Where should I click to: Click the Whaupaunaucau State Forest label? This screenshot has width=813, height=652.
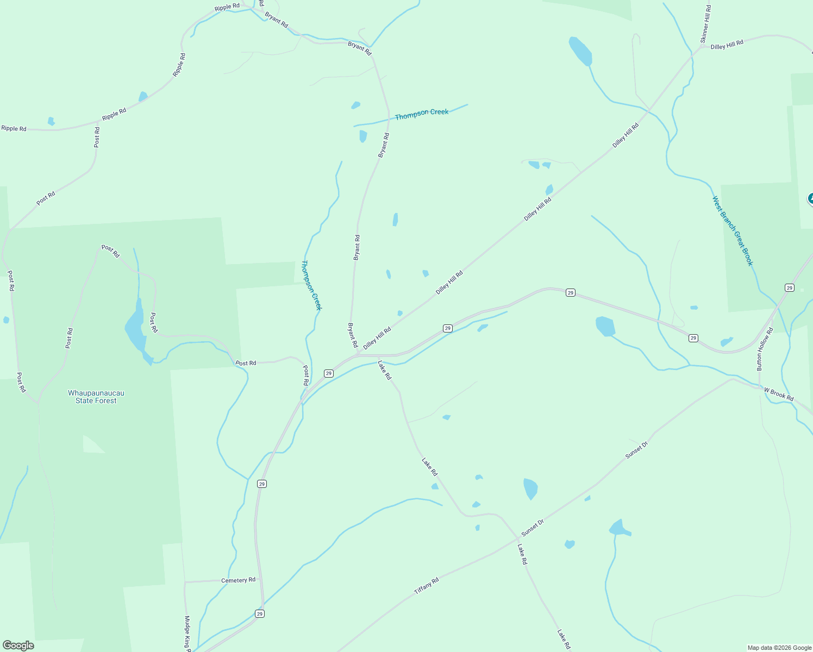pos(96,397)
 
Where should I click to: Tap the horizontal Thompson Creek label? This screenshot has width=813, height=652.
pos(422,114)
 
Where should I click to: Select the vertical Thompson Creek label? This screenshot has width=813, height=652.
pos(311,285)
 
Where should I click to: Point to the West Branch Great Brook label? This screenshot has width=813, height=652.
pos(733,231)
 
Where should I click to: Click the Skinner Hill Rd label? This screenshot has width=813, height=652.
pos(705,24)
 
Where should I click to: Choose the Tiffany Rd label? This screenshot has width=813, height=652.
pos(426,585)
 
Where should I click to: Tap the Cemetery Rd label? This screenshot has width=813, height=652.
pos(238,580)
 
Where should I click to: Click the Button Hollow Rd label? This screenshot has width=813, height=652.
pos(764,349)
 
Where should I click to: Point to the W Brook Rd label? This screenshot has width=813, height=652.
pos(778,394)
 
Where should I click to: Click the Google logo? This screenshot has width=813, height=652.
pos(18,645)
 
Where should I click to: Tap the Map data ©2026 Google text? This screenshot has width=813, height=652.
pos(779,648)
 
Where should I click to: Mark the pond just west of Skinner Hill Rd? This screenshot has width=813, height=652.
pos(580,51)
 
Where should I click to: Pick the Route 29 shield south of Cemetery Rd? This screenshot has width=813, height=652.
pos(260,613)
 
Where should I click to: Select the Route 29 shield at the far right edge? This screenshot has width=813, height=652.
pos(789,287)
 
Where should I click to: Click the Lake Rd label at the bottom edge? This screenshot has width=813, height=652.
pos(564,639)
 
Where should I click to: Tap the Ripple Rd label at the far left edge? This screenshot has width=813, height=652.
pos(14,129)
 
